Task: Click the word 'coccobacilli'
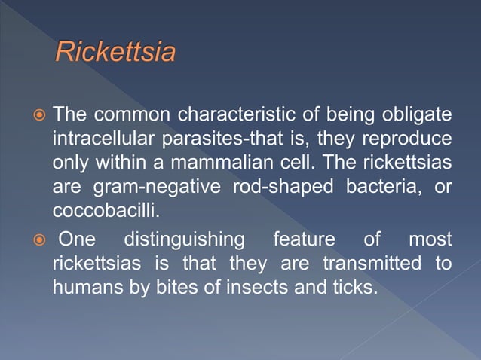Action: tap(102, 209)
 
